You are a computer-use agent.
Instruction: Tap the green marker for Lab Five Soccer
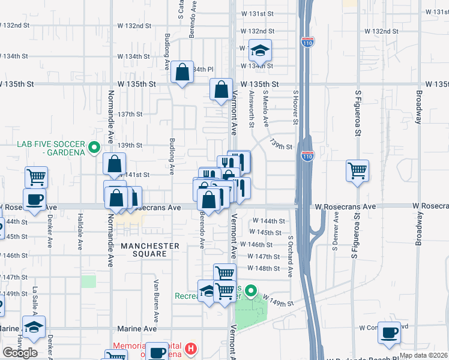[x=94, y=146]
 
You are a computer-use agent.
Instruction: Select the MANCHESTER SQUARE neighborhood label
[x=149, y=250]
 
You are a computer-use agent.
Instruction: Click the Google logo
[x=20, y=352]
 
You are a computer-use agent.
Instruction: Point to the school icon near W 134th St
[x=261, y=50]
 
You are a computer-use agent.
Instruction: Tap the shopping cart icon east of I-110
[x=357, y=170]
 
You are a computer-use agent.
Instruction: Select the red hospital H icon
[x=191, y=347]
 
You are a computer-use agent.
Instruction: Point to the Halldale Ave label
[x=79, y=233]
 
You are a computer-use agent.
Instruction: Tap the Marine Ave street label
[x=141, y=329]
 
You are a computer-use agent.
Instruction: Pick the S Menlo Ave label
[x=265, y=108]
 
